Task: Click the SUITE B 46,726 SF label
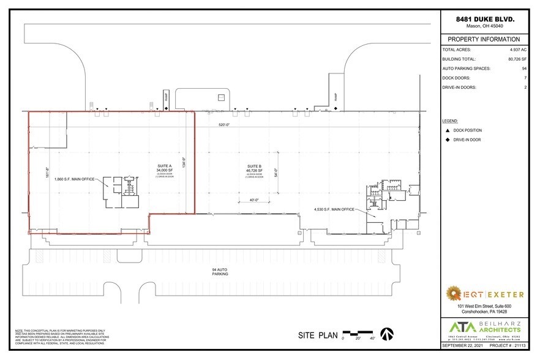click(255, 169)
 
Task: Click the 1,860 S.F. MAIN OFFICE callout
click(75, 179)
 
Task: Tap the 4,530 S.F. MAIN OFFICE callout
click(334, 210)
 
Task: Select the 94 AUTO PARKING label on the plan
click(220, 271)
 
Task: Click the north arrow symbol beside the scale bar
click(387, 334)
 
